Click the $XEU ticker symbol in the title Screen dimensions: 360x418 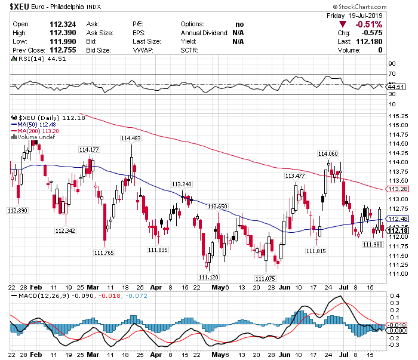pyautogui.click(x=19, y=7)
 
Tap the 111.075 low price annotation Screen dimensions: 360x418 pyautogui.click(x=265, y=278)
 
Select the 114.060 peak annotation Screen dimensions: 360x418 pyautogui.click(x=328, y=153)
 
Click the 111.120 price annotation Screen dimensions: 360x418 pyautogui.click(x=208, y=277)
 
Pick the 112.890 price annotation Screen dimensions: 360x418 pyautogui.click(x=17, y=211)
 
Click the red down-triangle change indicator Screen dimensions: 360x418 pyautogui.click(x=342, y=24)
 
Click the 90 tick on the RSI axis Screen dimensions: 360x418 pyautogui.click(x=392, y=64)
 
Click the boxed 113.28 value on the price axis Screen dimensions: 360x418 pyautogui.click(x=397, y=189)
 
